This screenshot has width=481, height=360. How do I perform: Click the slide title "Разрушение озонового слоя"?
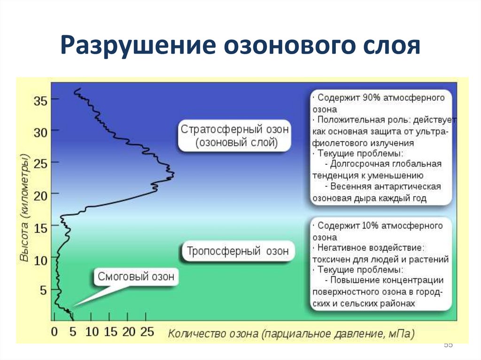point(240,46)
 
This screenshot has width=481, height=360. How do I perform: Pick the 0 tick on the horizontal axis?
point(54,332)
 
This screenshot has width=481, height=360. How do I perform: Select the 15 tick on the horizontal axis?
point(110,332)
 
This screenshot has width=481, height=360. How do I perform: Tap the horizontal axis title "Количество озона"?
point(213,334)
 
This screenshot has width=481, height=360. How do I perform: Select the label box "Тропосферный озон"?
point(238,251)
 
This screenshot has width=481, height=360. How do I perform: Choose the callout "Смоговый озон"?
point(136,277)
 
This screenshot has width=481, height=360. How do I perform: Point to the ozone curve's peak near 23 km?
point(173,175)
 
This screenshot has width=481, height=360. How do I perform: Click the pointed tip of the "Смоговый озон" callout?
point(73,307)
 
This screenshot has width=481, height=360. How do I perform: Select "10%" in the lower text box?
point(373,226)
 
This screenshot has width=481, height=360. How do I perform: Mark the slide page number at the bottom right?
point(448,345)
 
